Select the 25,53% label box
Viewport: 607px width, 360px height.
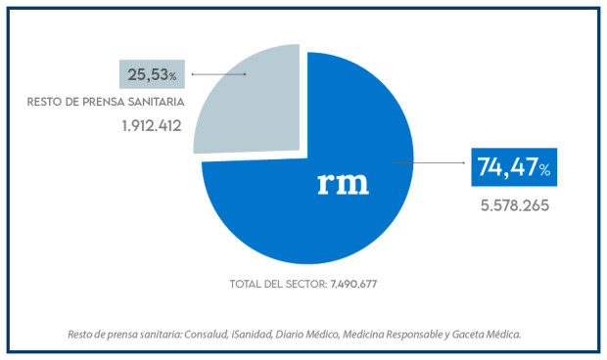[x=153, y=74]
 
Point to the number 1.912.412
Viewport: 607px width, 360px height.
[x=153, y=125]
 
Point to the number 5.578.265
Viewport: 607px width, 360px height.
[x=514, y=206]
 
